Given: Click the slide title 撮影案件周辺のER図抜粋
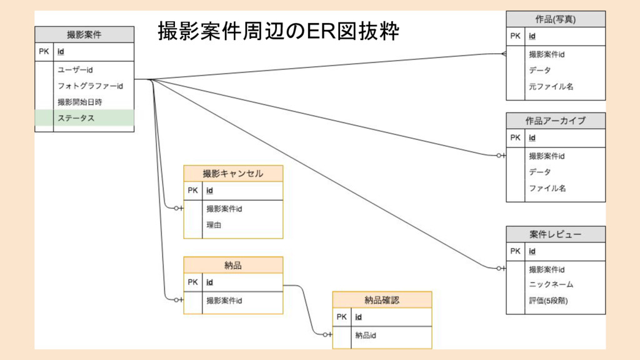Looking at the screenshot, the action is point(278,31).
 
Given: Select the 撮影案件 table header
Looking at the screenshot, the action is point(84,35).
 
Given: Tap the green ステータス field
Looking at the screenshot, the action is point(76,117).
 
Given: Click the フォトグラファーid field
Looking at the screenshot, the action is point(90,86).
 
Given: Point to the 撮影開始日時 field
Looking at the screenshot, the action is point(79,102).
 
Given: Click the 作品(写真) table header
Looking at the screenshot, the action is point(556,19).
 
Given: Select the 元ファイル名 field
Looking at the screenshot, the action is point(551,87).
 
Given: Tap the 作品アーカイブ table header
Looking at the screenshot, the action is point(556,121).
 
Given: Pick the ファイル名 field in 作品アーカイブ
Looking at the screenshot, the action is point(547,188).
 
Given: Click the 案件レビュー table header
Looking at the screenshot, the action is point(556,234).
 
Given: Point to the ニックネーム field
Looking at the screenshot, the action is point(551,284).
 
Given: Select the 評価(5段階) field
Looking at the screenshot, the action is point(549,301).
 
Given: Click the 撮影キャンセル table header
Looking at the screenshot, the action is point(233,173).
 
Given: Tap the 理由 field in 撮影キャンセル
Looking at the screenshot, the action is point(214,224).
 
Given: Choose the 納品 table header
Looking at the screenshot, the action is point(233,265).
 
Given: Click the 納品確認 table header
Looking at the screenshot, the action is point(382,300).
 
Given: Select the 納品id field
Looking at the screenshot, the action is point(366,336).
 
